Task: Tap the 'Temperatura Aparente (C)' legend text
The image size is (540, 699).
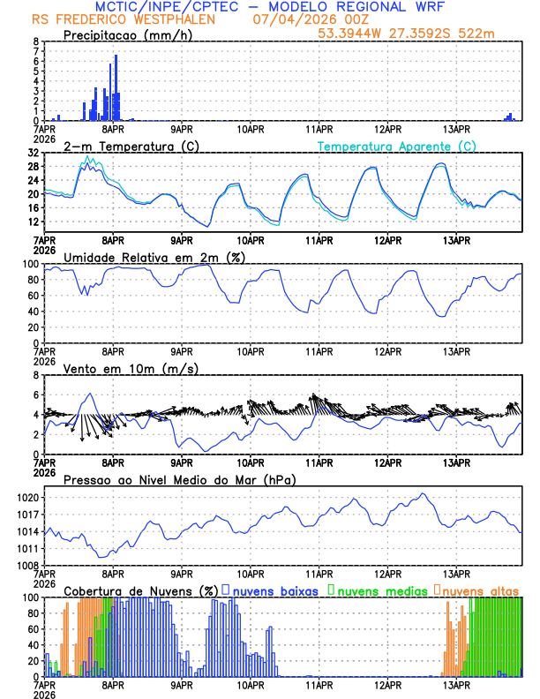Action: tap(397, 146)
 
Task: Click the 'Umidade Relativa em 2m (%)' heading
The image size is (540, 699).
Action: tap(154, 257)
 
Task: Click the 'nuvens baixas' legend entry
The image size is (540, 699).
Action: tap(274, 590)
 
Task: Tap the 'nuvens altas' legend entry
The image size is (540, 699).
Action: tap(480, 590)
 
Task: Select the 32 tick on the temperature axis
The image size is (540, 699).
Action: tap(32, 153)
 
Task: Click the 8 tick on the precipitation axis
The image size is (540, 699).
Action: tap(35, 41)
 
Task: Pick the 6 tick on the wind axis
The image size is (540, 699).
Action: tap(35, 375)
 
